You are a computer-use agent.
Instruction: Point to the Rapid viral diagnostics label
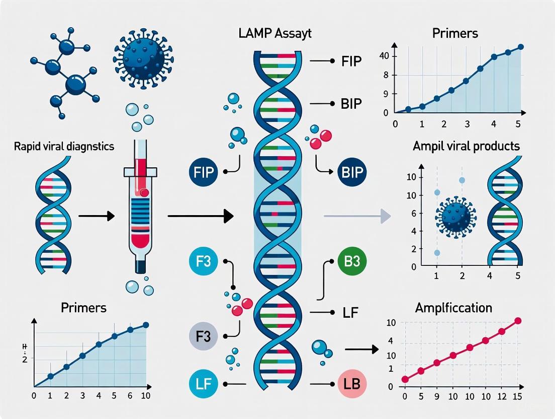coord(64,147)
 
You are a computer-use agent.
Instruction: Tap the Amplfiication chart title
coord(453,308)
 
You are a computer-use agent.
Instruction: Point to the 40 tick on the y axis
coord(384,55)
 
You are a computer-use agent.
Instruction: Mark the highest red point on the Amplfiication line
coord(518,321)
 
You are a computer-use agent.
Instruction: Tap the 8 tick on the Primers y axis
coord(386,75)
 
